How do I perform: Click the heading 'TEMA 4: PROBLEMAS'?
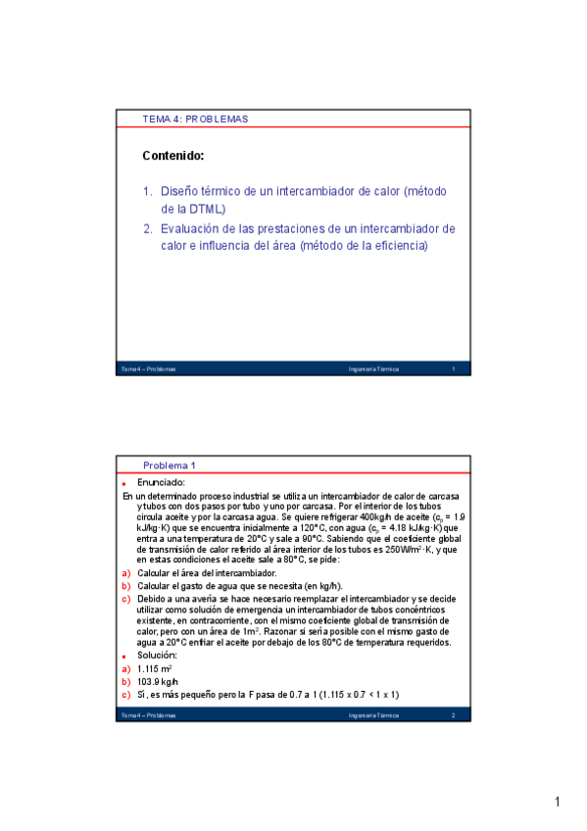pyautogui.click(x=195, y=120)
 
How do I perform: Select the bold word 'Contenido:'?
pyautogui.click(x=172, y=155)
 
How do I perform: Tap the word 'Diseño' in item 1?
pyautogui.click(x=182, y=191)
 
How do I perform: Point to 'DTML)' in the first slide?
pyautogui.click(x=207, y=209)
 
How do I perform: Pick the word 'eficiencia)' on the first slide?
pyautogui.click(x=397, y=246)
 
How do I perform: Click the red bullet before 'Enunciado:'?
pyautogui.click(x=124, y=483)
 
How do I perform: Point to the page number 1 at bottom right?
pyautogui.click(x=557, y=804)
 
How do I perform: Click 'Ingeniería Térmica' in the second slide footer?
pyautogui.click(x=373, y=716)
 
